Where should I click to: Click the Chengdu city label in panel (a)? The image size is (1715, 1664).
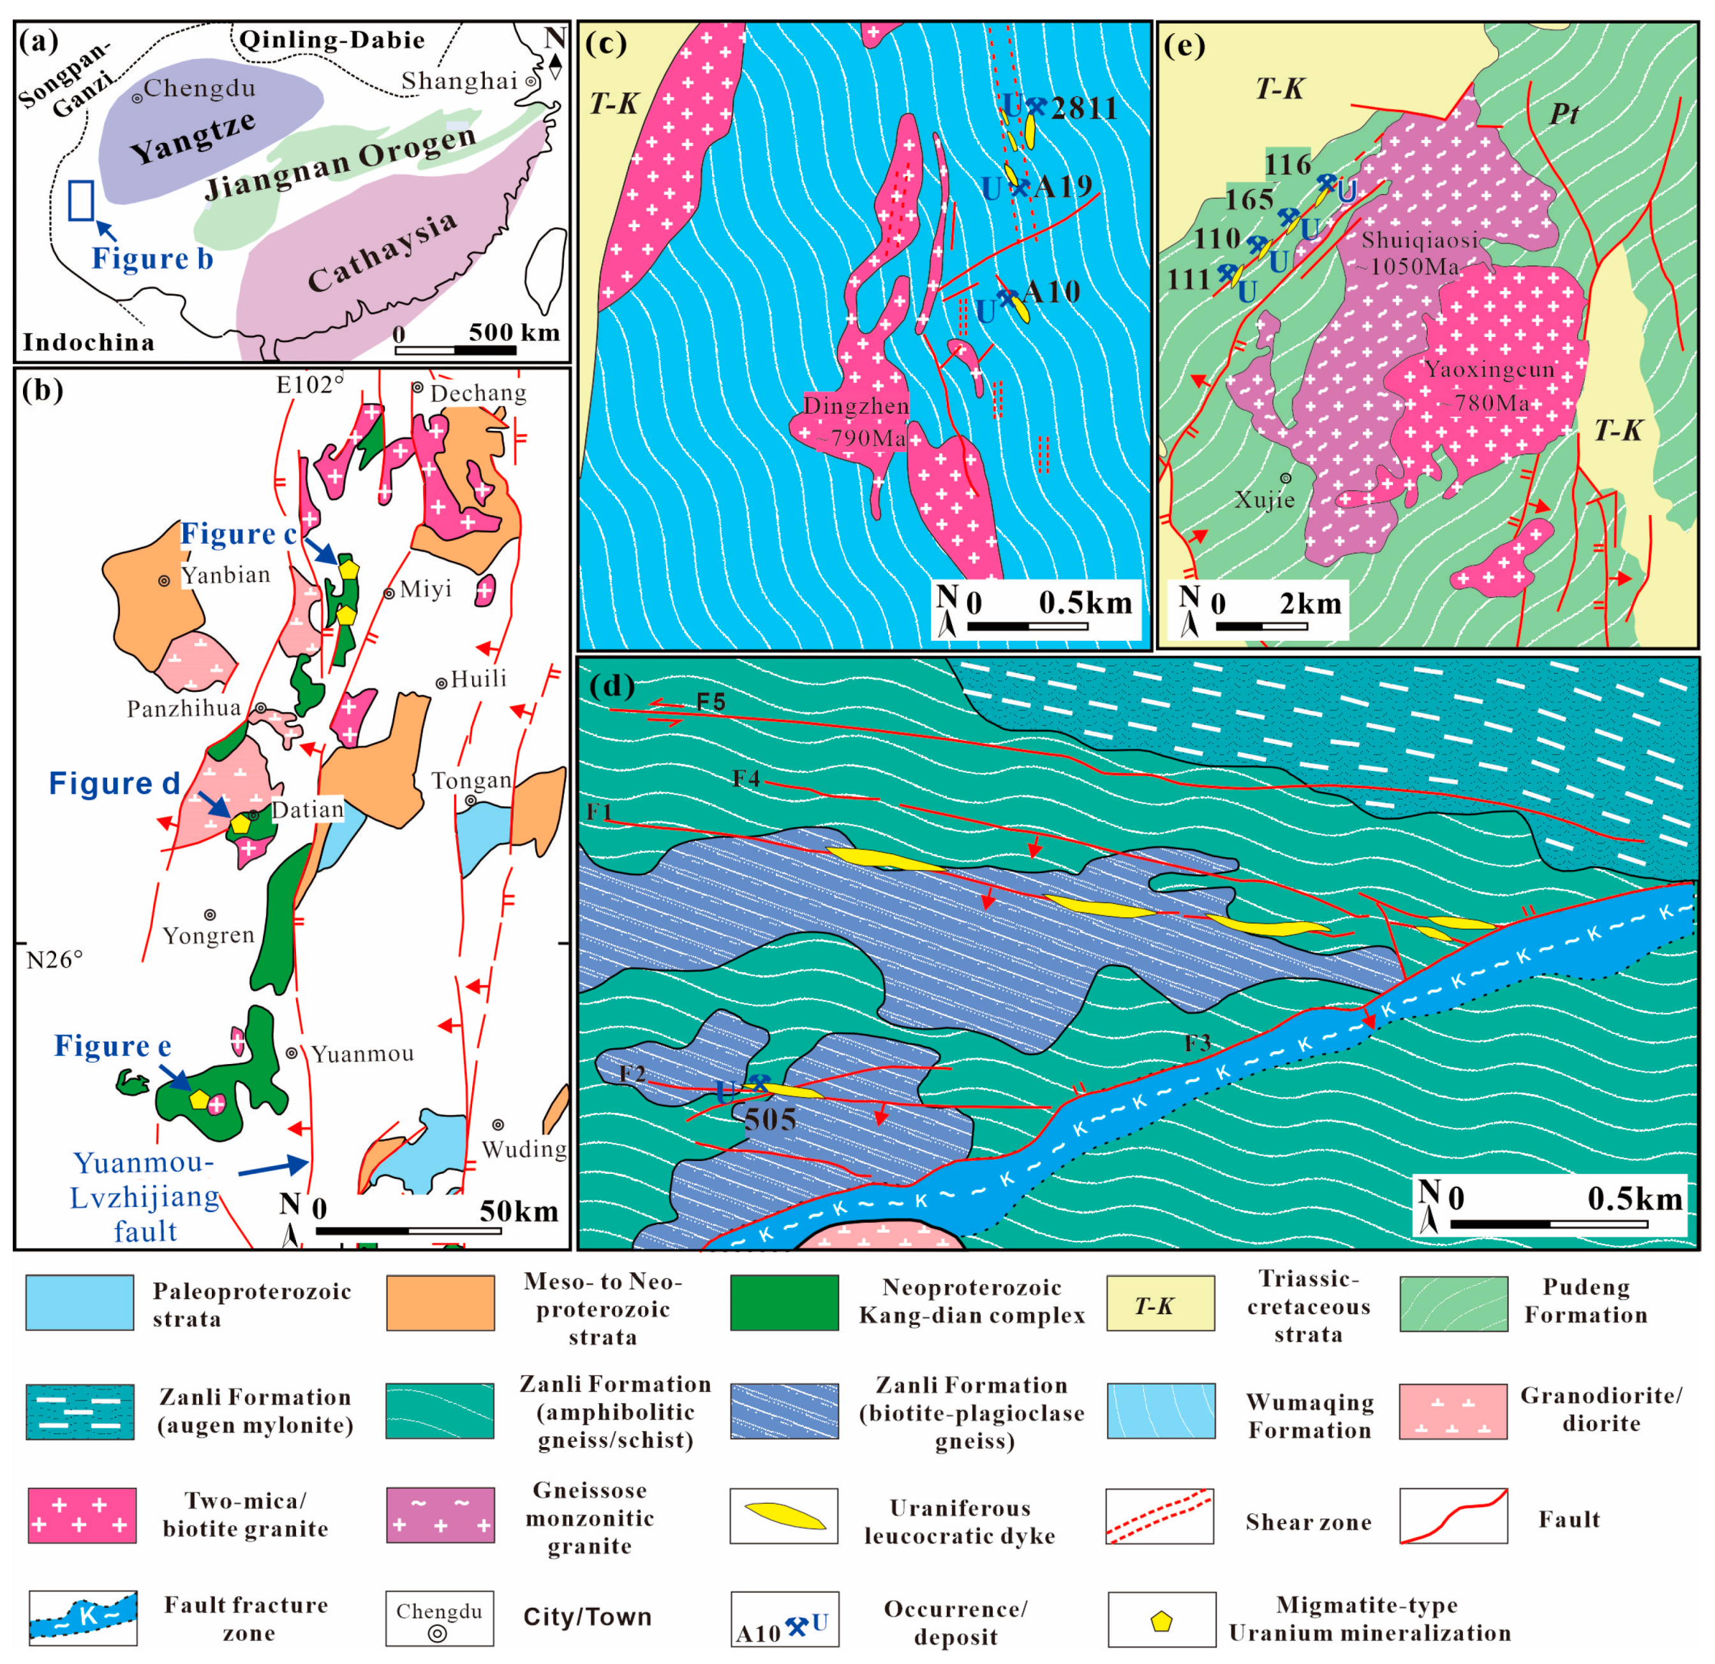pos(200,89)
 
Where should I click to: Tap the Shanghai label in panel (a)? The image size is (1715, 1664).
pos(459,82)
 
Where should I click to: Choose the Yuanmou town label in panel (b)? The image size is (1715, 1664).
pos(362,1054)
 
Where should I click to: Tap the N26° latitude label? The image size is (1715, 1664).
pos(54,960)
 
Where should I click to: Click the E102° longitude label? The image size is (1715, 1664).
pos(311,385)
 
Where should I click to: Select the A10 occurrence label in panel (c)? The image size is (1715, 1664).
pos(1051,292)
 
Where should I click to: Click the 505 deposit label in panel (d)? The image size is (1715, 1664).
pos(770,1120)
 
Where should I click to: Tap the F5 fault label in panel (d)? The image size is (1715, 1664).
pos(711,702)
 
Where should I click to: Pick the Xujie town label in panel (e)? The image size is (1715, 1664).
pos(1265,500)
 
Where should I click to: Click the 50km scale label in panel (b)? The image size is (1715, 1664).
pos(518,1211)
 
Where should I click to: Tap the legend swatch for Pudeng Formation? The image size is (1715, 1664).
pos(1453,1304)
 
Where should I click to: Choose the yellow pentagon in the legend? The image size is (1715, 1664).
pos(1161,1620)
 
